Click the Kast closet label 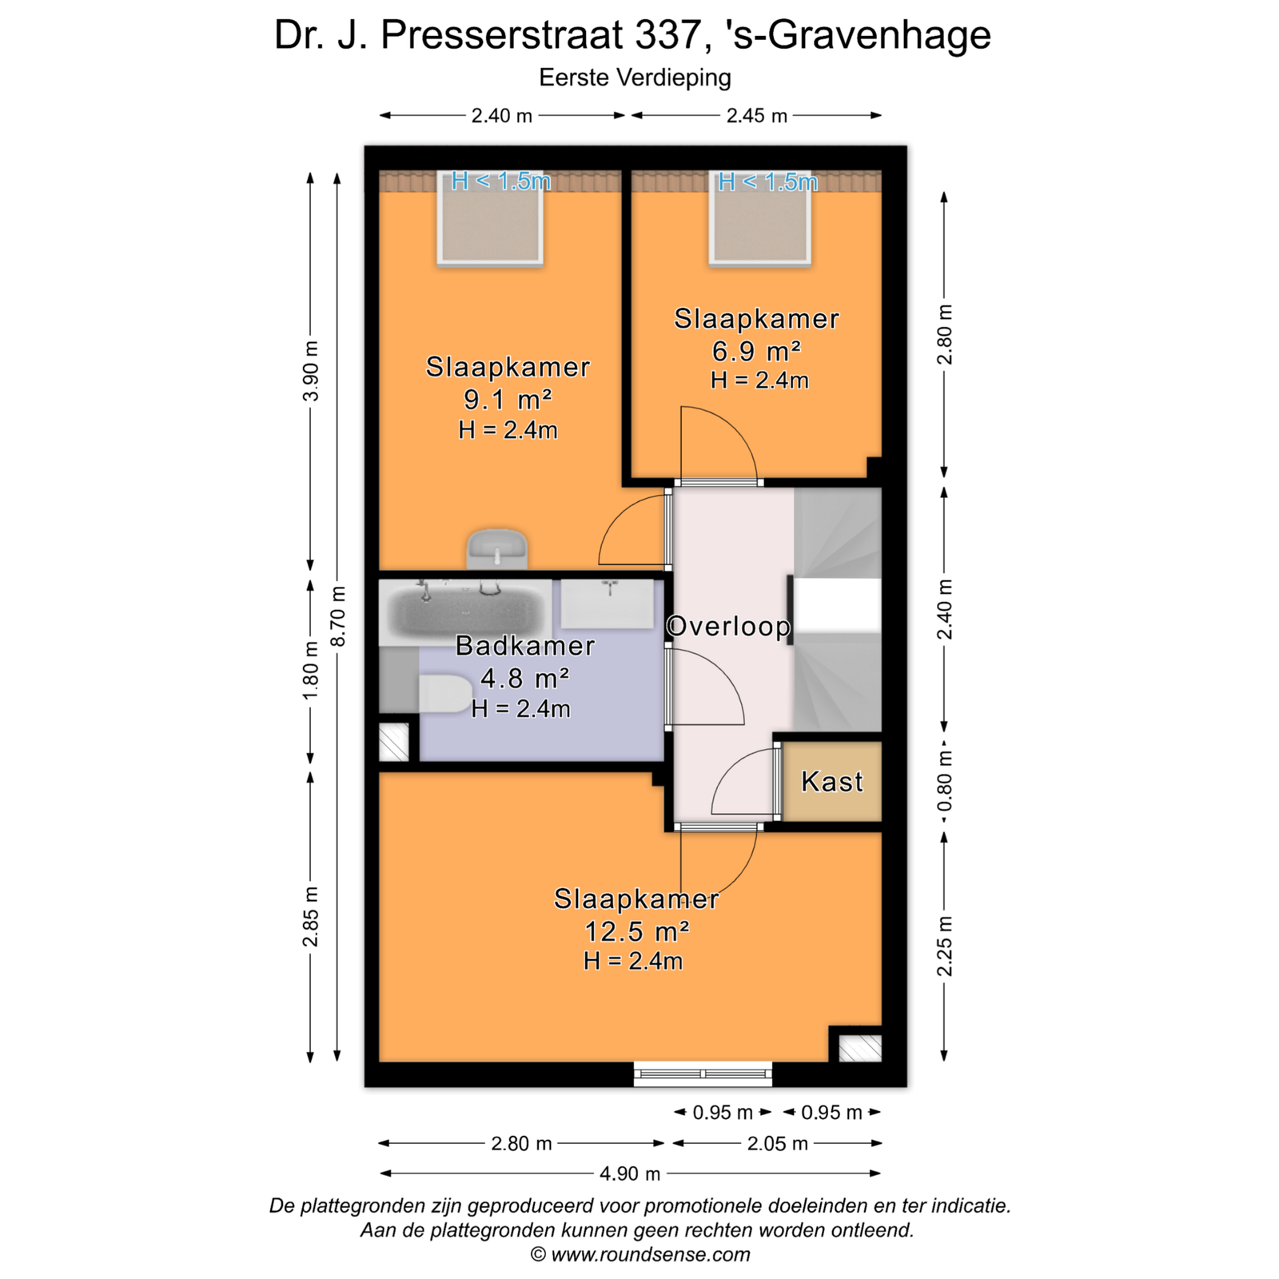coord(832,781)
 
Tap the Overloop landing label coord(728,626)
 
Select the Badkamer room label coord(525,646)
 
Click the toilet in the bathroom coord(445,694)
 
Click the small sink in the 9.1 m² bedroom coord(497,548)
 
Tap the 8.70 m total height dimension coord(338,616)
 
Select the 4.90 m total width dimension coord(630,1173)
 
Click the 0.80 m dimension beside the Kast coord(944,781)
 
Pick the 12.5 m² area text coord(637,931)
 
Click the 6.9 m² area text coord(756,351)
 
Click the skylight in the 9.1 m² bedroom coord(490,221)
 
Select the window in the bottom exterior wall coord(703,1074)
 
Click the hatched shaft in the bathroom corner coord(393,743)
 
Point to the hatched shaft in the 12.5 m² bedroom coord(860,1048)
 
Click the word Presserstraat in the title coord(501,35)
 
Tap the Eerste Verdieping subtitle coord(636,78)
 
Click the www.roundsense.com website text coord(651,1254)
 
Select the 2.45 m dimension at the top coord(756,116)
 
